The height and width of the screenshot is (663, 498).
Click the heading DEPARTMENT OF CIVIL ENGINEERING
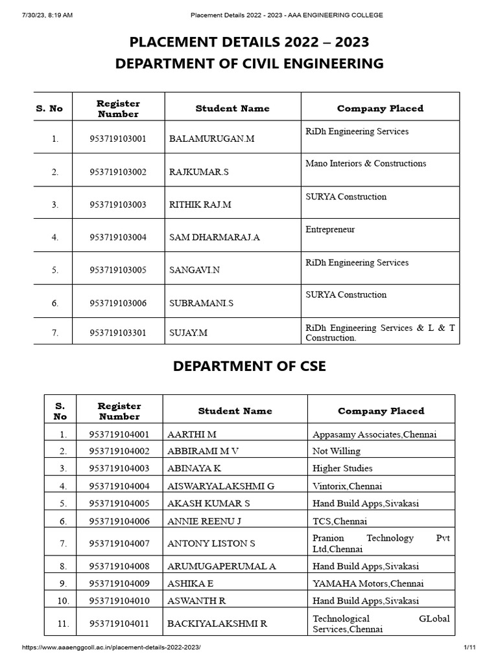coord(249,63)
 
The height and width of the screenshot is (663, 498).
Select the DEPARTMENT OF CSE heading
coord(249,366)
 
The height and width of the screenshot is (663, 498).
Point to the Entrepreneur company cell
coord(330,230)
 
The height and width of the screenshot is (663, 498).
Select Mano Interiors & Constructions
coord(366,164)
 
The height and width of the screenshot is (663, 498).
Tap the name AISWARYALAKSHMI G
coord(220,486)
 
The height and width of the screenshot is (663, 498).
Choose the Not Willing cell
coord(336,451)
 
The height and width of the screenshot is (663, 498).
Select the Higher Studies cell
coord(342,468)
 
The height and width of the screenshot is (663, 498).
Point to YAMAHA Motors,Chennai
coord(368,583)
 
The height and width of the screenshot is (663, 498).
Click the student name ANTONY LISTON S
coord(211,543)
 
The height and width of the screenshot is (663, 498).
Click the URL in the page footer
coord(112,648)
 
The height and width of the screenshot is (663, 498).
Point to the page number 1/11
coord(469,648)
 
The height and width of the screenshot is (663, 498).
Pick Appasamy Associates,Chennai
coord(374,434)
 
